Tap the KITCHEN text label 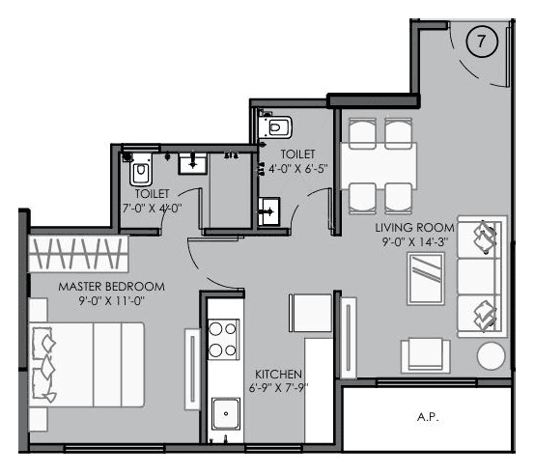tap(279, 374)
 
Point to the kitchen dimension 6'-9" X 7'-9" tap(280, 388)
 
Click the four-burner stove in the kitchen tap(224, 341)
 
